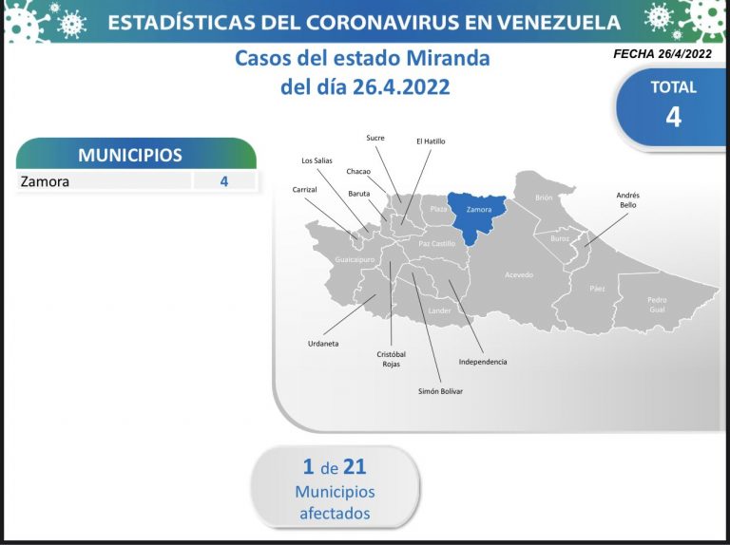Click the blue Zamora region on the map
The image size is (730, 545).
[477, 215]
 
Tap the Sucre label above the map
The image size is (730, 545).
[375, 138]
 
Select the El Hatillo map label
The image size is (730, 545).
[431, 141]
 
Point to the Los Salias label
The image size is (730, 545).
[317, 160]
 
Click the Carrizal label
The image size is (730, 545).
[304, 190]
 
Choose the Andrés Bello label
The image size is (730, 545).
[627, 200]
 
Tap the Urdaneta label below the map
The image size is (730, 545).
[323, 344]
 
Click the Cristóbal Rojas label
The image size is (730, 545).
[391, 359]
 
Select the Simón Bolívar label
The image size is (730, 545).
[440, 391]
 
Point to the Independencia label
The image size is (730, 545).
[483, 362]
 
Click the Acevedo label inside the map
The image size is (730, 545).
[519, 275]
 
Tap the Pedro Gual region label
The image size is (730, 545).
[657, 305]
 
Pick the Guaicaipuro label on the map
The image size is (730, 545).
[355, 260]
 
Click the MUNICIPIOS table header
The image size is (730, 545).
[130, 156]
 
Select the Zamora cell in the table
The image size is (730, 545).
[46, 181]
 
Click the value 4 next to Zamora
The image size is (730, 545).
[224, 181]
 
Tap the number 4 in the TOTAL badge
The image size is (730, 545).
[673, 117]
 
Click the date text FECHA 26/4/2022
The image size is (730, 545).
[662, 54]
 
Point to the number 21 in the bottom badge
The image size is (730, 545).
[355, 466]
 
